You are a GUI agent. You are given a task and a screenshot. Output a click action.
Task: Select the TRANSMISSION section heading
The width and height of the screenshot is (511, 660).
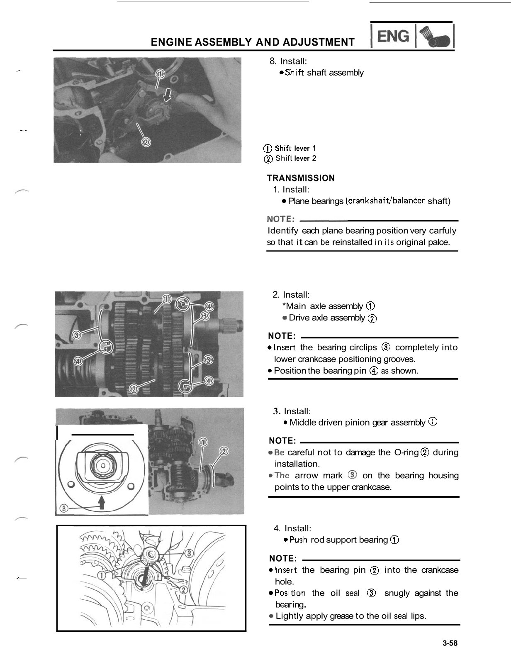301,178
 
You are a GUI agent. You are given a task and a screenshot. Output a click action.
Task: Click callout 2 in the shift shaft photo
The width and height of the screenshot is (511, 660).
146,142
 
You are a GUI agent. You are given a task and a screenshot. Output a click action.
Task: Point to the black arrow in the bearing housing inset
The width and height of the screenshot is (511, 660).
101,503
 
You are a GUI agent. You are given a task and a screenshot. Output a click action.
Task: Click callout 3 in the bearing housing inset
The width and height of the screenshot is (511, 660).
63,508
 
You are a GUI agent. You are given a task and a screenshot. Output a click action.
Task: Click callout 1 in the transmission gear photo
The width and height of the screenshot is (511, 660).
166,299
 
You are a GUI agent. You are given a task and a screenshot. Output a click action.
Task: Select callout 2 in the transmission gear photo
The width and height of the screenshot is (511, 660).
134,389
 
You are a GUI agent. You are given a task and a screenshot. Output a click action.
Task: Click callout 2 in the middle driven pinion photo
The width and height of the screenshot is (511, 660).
224,451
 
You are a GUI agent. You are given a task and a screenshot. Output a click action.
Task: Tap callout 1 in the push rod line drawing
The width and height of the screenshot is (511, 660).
102,575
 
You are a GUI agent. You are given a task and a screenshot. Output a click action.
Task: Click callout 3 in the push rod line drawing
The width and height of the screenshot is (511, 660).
188,553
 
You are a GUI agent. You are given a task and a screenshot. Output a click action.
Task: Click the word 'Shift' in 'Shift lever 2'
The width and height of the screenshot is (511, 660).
284,158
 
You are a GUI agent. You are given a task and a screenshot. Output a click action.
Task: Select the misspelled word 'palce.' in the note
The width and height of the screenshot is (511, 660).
439,242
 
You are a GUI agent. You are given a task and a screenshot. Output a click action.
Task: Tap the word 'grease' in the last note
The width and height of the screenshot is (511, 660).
342,616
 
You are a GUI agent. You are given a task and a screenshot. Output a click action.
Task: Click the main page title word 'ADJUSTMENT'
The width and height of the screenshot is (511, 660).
318,42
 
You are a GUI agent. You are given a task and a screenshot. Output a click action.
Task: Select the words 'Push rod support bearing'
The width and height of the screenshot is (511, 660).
338,540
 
